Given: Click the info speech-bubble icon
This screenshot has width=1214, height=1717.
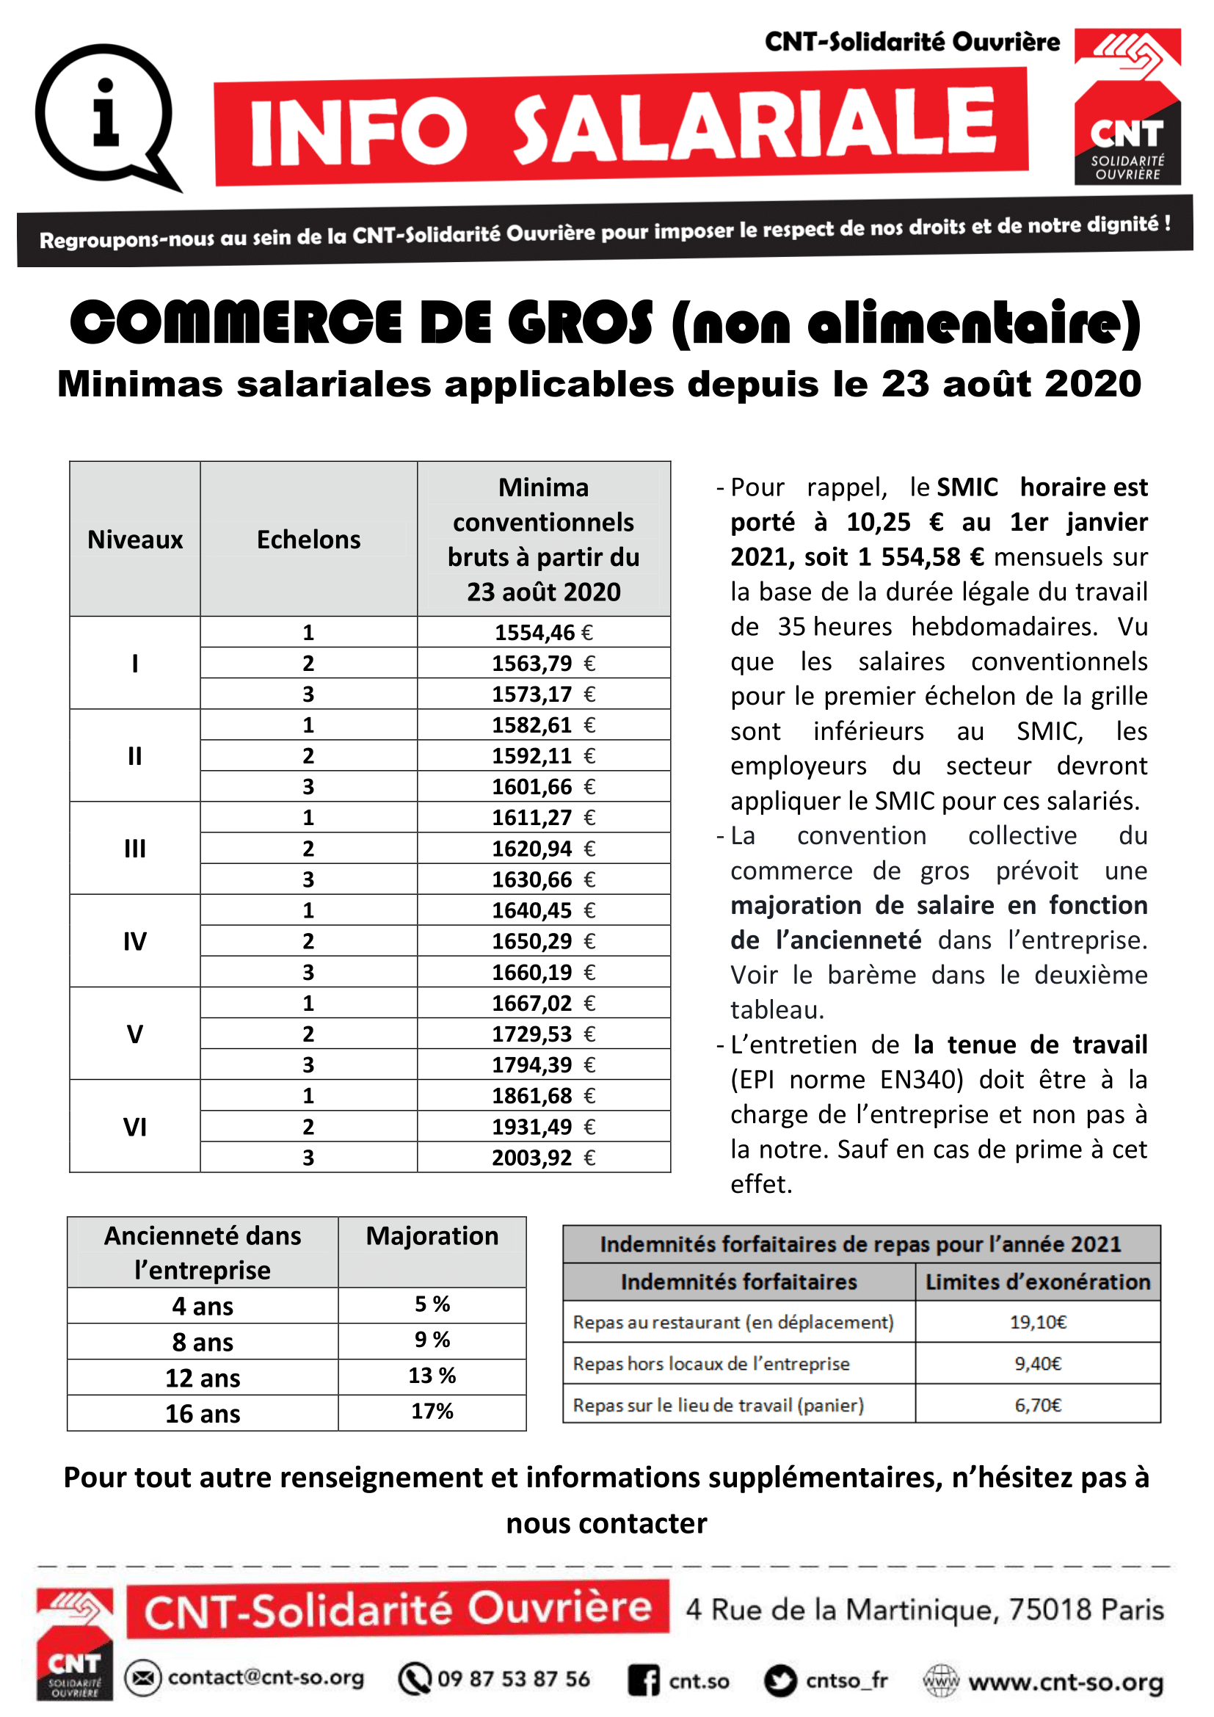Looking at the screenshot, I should tap(106, 116).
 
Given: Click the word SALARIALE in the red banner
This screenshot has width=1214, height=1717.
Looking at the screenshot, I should tap(755, 126).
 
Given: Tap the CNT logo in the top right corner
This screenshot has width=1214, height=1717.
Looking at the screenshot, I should tap(1127, 107).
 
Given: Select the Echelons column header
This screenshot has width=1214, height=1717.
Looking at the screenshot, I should tap(308, 540).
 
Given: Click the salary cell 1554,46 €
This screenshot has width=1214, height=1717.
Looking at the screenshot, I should tap(543, 633).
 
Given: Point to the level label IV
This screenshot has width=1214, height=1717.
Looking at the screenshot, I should tap(134, 941).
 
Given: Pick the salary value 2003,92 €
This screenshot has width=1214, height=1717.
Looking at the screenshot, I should tap(543, 1158).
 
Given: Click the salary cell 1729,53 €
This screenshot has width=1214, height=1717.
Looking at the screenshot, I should tap(543, 1034).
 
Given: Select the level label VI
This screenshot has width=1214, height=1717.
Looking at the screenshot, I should tap(134, 1126).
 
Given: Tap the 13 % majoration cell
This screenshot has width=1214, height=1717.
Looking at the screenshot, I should tap(432, 1375).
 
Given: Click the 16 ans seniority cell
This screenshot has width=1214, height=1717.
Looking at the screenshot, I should tap(203, 1413).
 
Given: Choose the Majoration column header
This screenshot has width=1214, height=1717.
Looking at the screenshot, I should tap(432, 1236).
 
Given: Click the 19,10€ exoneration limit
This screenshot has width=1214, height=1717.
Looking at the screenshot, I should tap(1038, 1322).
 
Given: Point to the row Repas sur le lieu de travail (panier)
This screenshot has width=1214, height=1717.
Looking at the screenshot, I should tap(719, 1405).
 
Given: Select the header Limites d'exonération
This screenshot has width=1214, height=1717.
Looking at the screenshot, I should tap(1038, 1282).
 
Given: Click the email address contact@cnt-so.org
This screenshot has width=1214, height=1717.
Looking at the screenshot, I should tap(266, 1677).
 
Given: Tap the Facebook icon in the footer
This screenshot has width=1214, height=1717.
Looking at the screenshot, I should tap(644, 1680).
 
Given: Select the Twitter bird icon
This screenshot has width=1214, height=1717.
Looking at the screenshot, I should tap(780, 1680).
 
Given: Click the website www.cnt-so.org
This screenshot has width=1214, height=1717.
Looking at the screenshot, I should tap(1066, 1682).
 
